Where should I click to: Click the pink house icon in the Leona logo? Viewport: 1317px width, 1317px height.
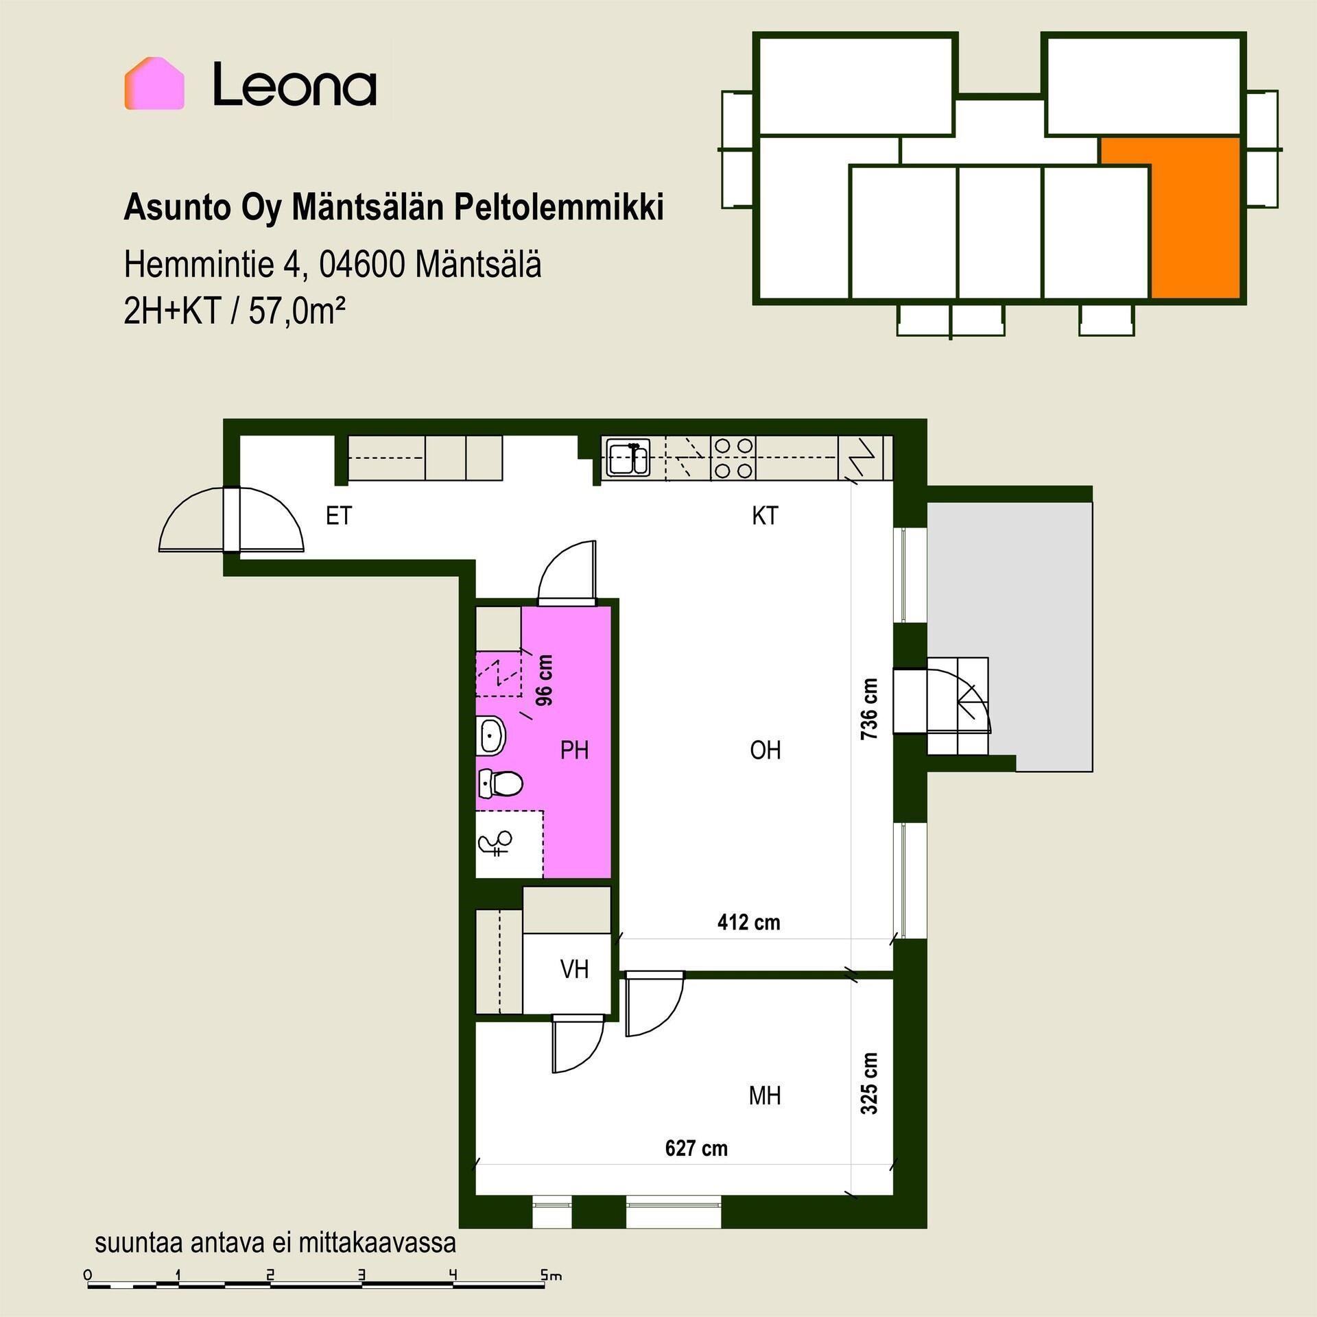point(154,83)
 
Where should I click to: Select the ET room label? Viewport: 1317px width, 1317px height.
point(339,516)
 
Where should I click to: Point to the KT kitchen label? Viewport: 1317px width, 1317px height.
point(765,516)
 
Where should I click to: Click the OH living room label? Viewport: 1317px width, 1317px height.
point(766,750)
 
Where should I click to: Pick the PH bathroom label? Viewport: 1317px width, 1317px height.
point(574,750)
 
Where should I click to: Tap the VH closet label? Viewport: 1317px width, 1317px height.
point(574,969)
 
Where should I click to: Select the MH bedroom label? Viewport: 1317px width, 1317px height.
point(765,1096)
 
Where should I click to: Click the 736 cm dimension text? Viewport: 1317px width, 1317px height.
point(869,709)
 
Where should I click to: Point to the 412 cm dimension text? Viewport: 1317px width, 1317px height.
point(749,923)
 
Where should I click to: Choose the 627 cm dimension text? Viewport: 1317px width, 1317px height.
point(696,1148)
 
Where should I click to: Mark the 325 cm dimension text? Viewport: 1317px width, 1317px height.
point(869,1084)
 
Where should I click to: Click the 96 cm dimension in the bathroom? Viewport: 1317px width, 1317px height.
point(544,680)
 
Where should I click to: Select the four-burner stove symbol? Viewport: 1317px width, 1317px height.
point(734,458)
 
